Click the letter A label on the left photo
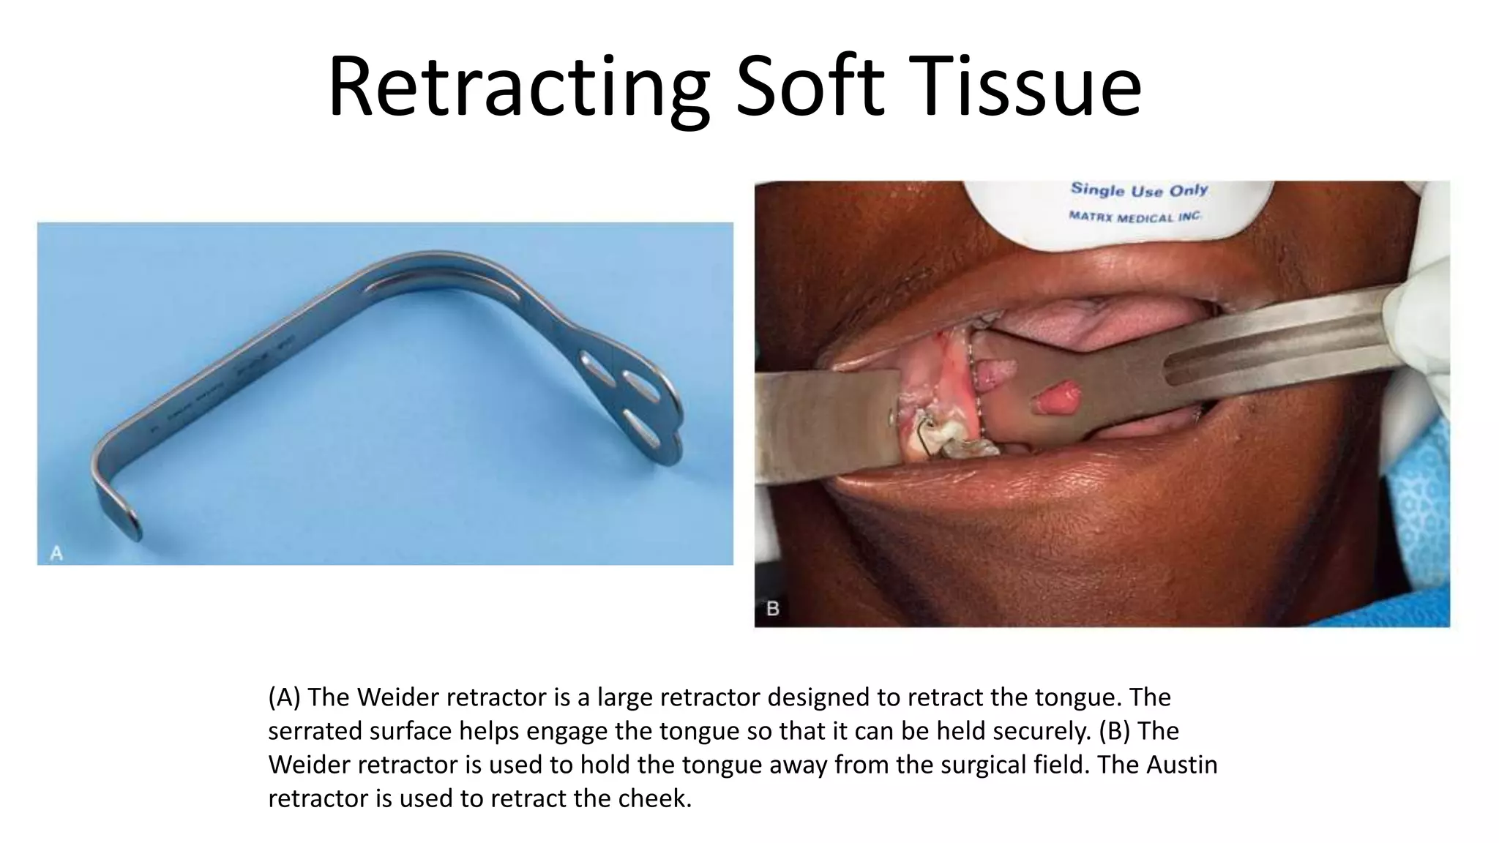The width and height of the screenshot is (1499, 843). [x=56, y=553]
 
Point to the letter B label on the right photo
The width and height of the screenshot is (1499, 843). [x=772, y=608]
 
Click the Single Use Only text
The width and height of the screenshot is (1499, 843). [x=1139, y=190]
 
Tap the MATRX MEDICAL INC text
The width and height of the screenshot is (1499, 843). [x=1134, y=217]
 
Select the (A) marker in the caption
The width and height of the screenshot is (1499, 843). [x=285, y=697]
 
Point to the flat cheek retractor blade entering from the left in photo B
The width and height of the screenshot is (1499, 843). [x=827, y=424]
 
